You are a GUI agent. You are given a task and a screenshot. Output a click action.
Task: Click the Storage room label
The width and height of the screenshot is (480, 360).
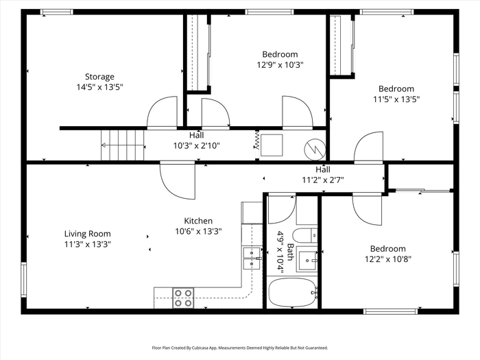(x=99, y=77)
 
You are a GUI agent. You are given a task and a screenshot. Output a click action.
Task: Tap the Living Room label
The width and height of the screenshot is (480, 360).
(x=88, y=234)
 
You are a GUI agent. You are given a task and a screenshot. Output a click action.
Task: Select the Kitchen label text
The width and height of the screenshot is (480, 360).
(x=198, y=221)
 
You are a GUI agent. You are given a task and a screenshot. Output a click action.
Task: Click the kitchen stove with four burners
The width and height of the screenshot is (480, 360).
(x=183, y=298)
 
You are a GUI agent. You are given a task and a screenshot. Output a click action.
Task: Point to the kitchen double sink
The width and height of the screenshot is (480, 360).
(x=252, y=259)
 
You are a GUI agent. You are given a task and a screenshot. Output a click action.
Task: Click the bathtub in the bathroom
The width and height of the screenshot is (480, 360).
(x=292, y=292)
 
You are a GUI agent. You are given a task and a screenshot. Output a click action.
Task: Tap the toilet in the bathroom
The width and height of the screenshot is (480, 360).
(x=305, y=236)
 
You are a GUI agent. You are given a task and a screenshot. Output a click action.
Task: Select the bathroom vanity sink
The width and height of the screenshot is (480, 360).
(x=307, y=260)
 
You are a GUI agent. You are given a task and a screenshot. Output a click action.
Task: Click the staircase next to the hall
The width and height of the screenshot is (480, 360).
(x=123, y=145)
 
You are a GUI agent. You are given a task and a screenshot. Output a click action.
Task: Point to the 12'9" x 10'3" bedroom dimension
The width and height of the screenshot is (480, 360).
(x=280, y=65)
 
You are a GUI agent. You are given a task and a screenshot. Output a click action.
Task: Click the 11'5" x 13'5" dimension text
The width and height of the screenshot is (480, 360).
(x=396, y=99)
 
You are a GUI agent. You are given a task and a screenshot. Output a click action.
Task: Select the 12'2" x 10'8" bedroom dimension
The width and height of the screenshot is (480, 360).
(x=387, y=259)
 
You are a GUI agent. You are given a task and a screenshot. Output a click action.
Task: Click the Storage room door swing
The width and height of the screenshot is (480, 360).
(x=163, y=112)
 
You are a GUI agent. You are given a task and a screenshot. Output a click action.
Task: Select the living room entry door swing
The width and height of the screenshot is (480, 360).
(x=178, y=180)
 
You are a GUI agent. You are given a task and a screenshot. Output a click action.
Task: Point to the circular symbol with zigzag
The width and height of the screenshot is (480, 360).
(x=315, y=149)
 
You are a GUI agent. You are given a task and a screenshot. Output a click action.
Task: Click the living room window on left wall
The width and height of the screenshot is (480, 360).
(x=23, y=280)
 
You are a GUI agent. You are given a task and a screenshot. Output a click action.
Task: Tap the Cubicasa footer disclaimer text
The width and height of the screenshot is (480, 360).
(x=240, y=348)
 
